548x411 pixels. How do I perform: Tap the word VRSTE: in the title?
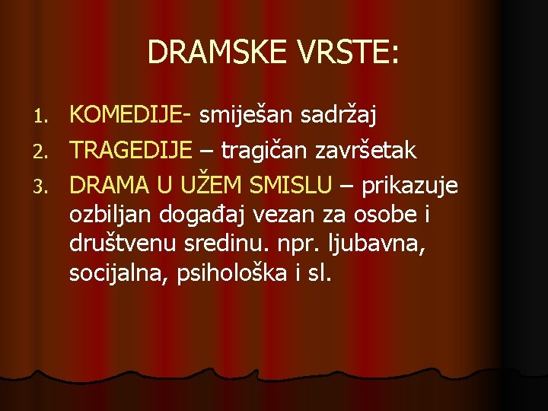(350, 53)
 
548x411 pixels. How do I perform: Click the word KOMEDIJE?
(126, 116)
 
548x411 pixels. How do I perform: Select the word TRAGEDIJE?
(131, 150)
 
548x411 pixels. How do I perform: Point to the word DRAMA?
(108, 183)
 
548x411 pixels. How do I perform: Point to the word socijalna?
(116, 274)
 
